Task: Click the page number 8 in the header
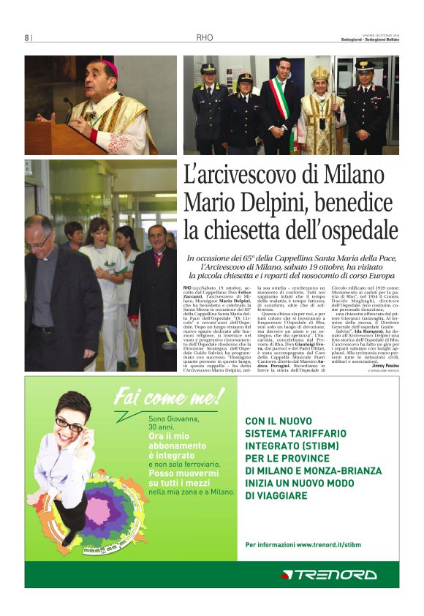click(26, 37)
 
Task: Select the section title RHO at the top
click(204, 37)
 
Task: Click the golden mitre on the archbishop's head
click(320, 73)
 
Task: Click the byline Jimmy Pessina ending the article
click(385, 365)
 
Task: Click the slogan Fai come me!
click(169, 397)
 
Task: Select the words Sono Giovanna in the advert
click(174, 418)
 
